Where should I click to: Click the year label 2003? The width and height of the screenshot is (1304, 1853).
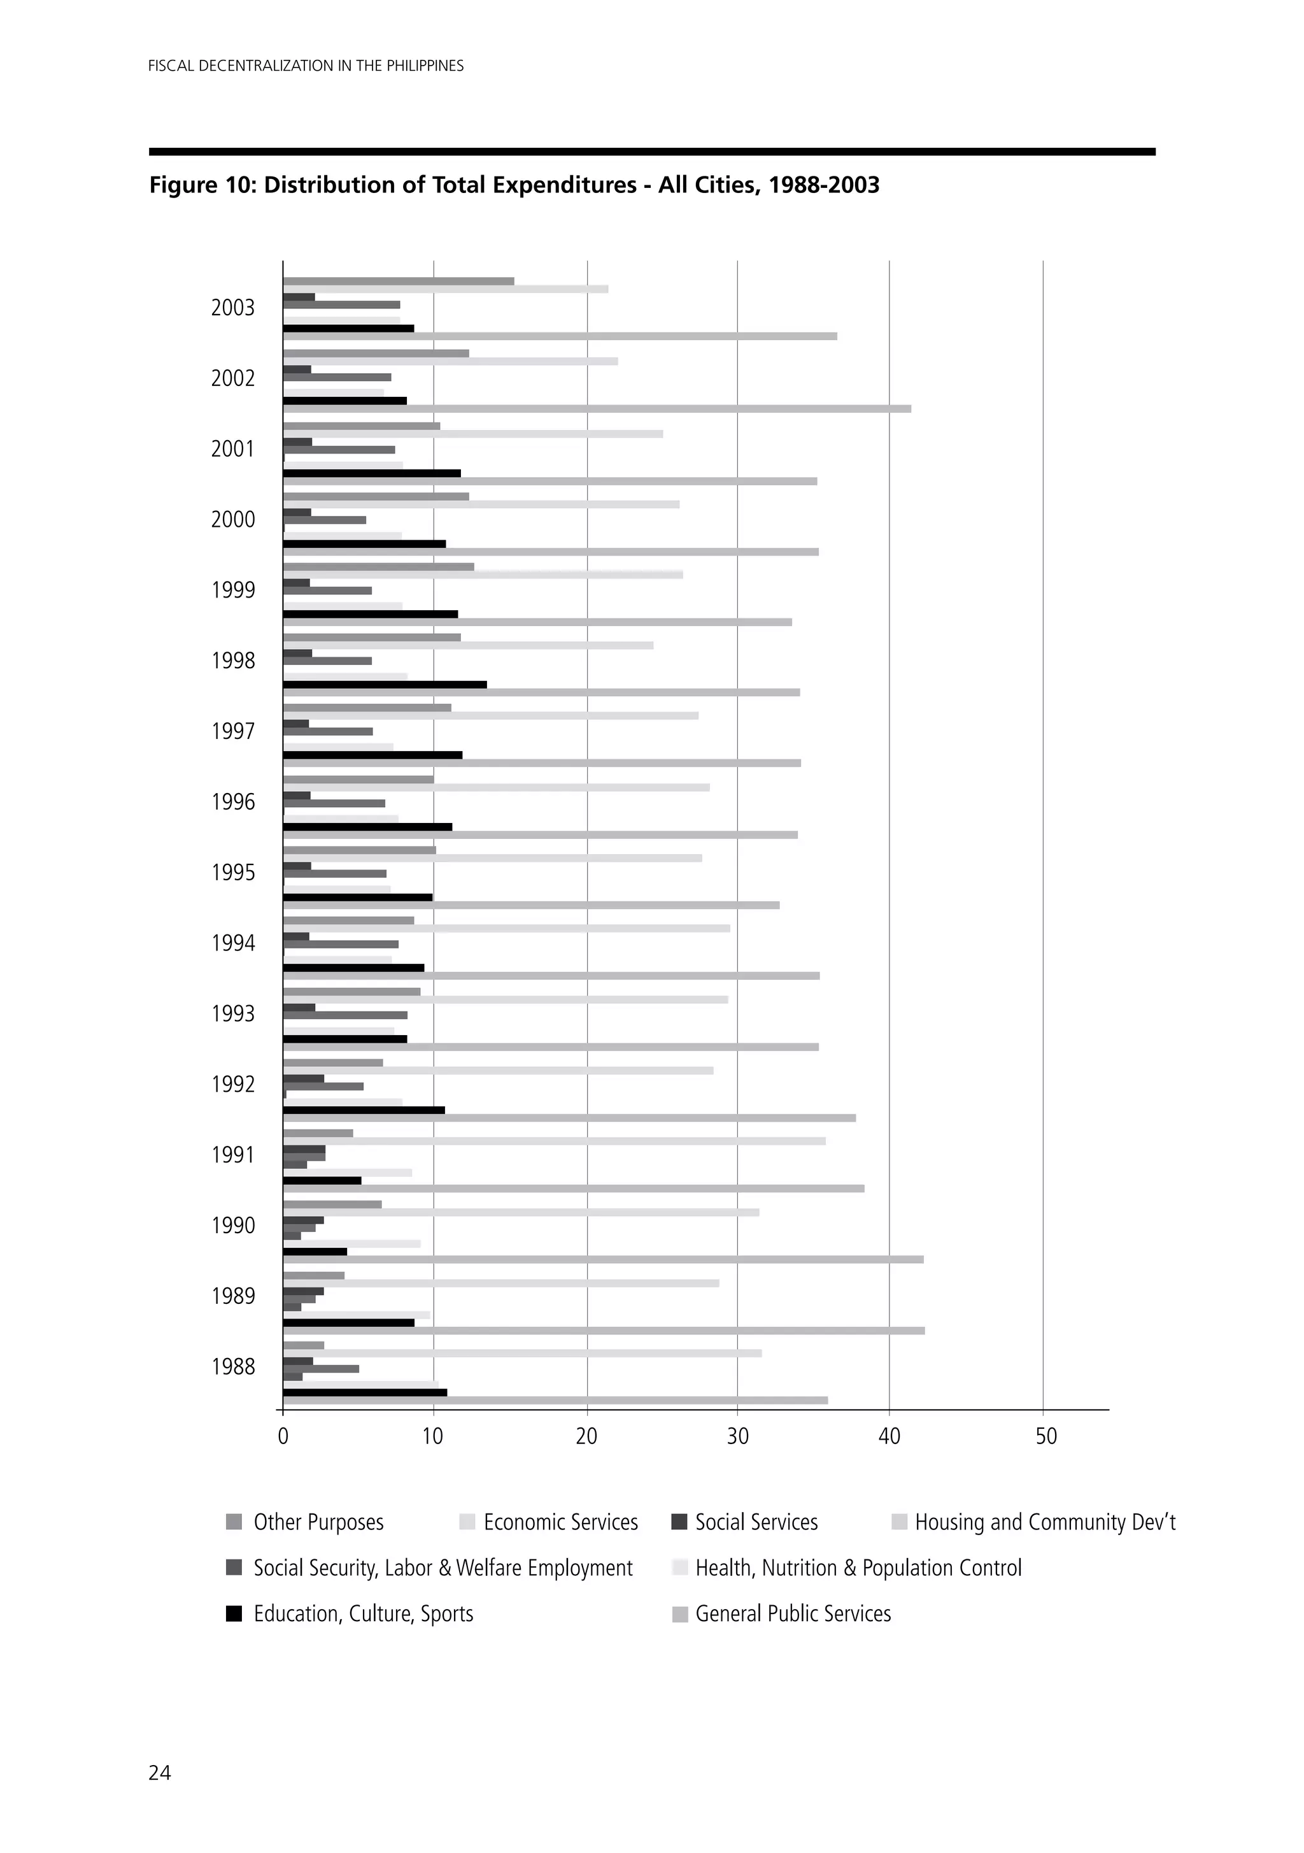232,308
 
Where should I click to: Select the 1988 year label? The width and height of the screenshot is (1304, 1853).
232,1366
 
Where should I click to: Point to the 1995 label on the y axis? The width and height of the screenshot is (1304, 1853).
232,873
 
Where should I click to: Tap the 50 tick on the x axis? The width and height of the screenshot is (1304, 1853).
1045,1436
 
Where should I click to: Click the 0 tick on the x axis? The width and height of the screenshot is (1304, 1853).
283,1436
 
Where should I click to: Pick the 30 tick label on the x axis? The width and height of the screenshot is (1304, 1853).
737,1436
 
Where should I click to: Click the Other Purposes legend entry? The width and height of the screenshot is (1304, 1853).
318,1522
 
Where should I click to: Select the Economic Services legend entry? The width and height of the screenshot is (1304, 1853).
560,1522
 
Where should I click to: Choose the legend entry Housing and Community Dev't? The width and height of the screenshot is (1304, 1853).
1044,1522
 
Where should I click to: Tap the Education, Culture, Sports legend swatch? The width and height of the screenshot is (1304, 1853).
234,1614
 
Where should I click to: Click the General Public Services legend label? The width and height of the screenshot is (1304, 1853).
793,1614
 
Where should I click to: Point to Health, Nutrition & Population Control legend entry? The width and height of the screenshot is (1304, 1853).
858,1568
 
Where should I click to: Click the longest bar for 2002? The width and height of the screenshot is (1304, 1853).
597,408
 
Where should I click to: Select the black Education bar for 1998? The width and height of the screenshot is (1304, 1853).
385,684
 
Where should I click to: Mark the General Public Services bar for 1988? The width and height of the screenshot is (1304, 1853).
555,1400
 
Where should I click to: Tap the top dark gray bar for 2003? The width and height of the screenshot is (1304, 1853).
399,282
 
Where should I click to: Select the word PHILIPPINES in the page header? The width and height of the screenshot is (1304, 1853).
425,66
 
